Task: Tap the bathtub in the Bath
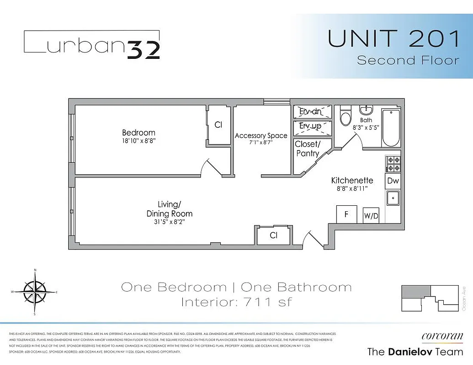point(391,128)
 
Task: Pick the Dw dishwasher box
point(393,181)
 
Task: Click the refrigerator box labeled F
point(347,214)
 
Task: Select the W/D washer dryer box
point(371,216)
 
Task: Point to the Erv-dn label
point(310,112)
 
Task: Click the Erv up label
point(310,126)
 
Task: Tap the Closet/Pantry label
point(308,149)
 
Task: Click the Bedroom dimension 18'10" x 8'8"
point(138,141)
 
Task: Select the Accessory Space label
point(261,136)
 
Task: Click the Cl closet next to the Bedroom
point(218,125)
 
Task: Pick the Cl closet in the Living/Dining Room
point(273,235)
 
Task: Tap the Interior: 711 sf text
point(236,302)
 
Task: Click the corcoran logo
point(442,336)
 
